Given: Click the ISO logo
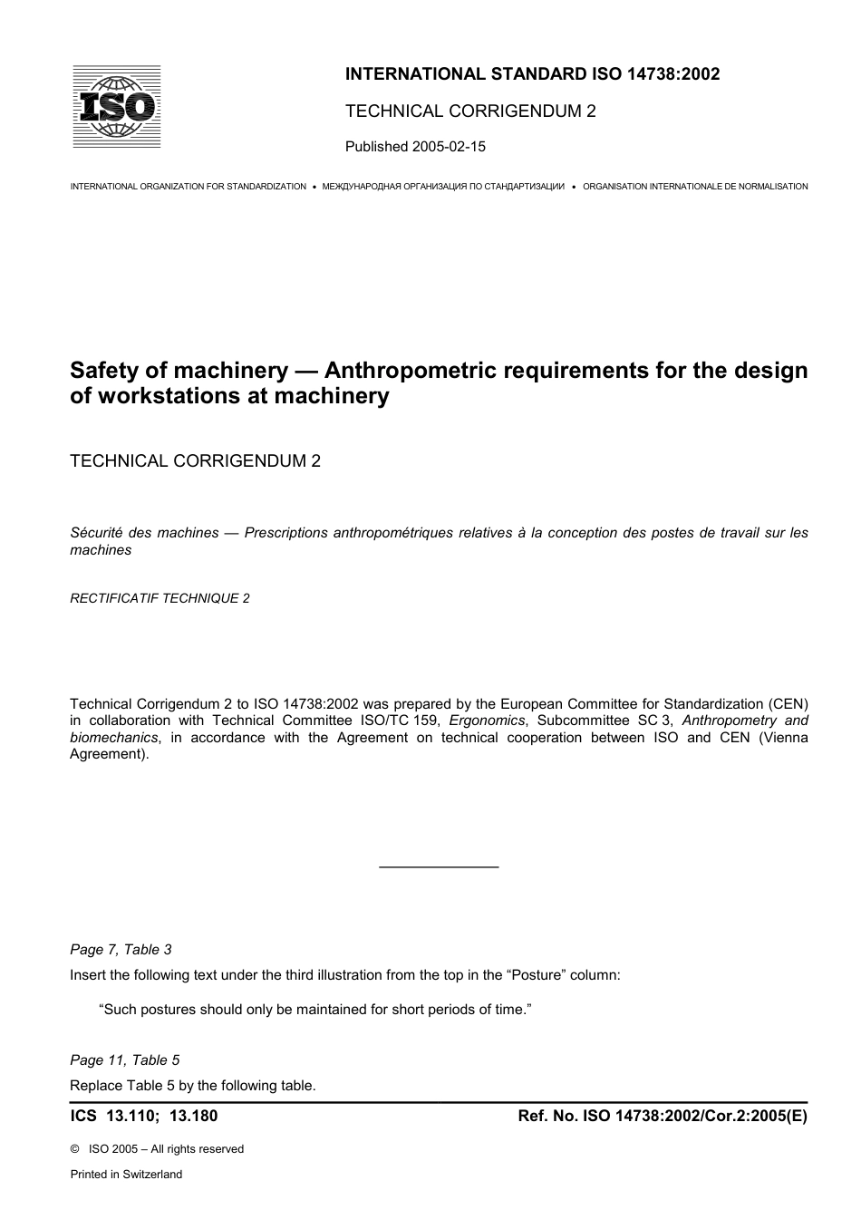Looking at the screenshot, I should pos(116,107).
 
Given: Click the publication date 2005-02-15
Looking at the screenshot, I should pos(449,146).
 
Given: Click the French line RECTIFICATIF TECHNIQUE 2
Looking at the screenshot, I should pos(160,598).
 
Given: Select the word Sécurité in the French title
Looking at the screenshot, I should pos(98,533).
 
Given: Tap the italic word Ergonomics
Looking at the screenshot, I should pos(487,721).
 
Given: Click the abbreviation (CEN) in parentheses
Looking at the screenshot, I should pos(788,704).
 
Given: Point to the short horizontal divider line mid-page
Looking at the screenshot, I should pos(439,867).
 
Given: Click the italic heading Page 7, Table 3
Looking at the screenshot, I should pos(121,950).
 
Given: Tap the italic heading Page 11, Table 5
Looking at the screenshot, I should pos(124,1060).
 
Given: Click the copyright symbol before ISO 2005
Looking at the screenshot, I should pos(75,1149).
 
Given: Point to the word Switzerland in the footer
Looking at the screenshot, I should pos(150,1175).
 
